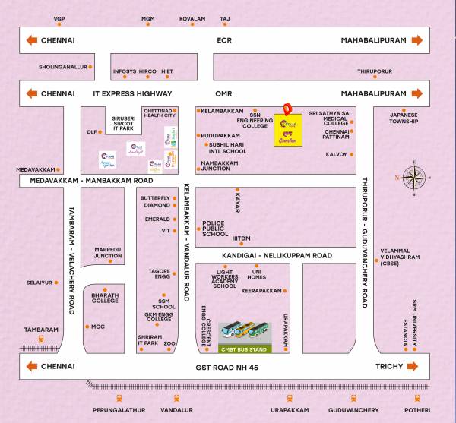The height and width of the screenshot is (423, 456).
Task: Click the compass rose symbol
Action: coord(415,179)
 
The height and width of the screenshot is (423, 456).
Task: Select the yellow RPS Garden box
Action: coord(287,131)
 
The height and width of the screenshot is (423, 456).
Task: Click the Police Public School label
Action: coord(215,229)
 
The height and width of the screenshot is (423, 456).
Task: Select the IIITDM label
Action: coord(241,238)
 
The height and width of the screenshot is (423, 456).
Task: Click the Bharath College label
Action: coord(105,298)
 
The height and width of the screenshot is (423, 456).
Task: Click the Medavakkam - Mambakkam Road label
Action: coord(91,181)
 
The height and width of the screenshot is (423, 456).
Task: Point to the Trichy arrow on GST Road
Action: coord(413,366)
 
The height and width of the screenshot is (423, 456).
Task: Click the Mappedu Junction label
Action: coord(107,253)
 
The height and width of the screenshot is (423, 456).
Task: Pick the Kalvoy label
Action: coord(336,154)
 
